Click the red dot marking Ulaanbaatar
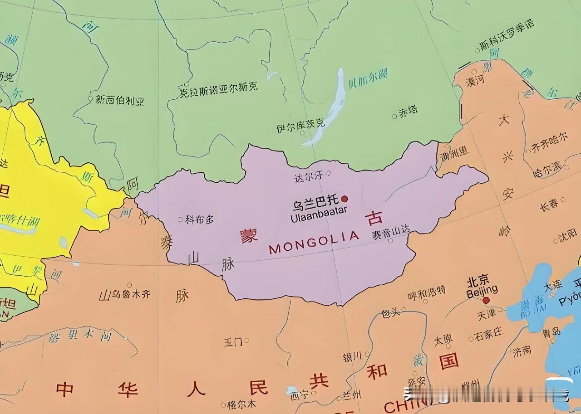click(345, 199)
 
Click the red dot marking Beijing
click(486, 300)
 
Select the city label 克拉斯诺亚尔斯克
click(219, 88)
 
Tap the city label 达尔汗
click(308, 176)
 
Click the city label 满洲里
click(454, 154)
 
